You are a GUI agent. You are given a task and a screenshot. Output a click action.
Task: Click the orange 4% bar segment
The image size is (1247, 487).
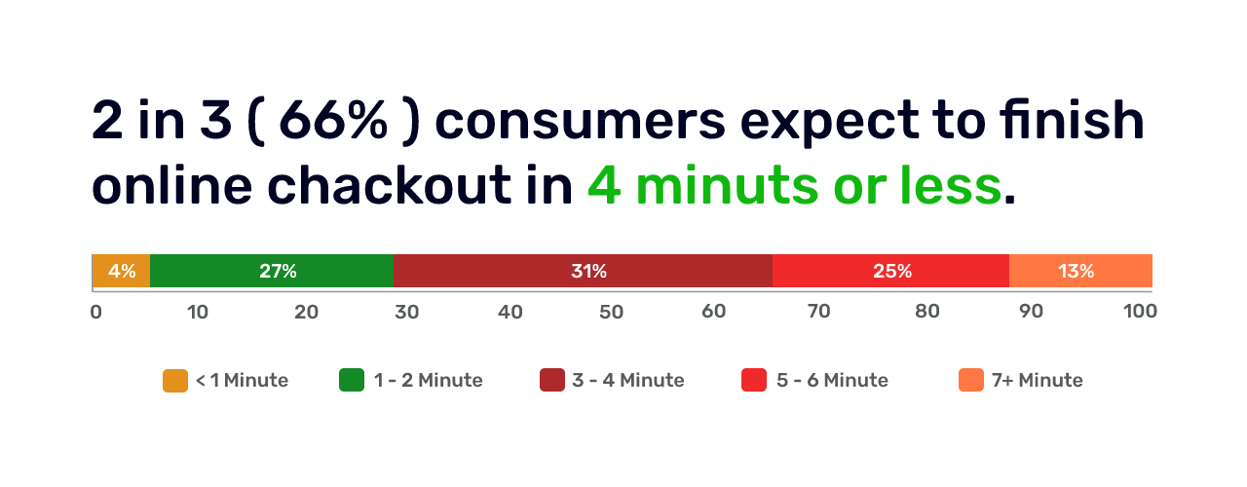122,271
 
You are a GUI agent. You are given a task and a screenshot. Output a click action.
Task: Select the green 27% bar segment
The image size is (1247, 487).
272,271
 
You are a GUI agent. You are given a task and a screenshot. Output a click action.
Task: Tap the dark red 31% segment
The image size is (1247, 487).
583,271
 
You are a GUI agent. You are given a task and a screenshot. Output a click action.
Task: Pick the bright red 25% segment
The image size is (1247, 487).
890,271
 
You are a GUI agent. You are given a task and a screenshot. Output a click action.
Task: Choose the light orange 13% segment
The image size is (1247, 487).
1080,271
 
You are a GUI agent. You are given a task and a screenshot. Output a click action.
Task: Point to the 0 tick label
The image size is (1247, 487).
95,312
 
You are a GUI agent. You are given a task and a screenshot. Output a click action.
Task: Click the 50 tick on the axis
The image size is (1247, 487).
611,312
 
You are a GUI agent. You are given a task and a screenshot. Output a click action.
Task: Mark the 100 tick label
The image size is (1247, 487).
1140,311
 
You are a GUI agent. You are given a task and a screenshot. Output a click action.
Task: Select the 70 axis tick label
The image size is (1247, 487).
819,311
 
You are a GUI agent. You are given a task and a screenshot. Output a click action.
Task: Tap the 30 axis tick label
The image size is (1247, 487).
407,312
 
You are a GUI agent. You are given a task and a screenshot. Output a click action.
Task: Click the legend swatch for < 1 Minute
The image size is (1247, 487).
175,381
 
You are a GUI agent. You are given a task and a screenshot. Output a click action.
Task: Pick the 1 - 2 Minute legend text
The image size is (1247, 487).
428,380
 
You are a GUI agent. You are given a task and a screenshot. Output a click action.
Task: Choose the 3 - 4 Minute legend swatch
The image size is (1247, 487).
552,380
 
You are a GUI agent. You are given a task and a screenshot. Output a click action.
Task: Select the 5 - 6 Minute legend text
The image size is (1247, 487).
832,380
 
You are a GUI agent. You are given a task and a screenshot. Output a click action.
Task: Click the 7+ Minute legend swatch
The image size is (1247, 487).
971,380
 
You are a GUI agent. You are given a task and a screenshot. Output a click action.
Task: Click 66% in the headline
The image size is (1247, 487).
333,120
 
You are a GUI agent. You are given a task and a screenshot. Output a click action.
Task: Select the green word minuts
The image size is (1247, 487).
727,186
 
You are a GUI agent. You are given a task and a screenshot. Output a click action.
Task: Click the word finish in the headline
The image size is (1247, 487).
1072,120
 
